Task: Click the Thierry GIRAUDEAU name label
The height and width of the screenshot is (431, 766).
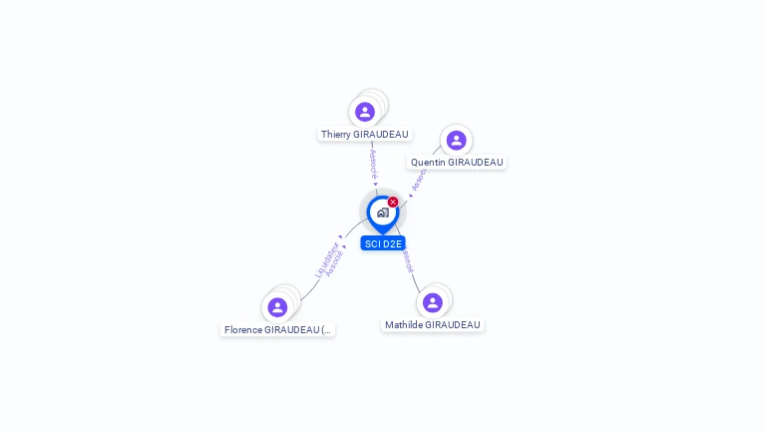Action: [x=364, y=134]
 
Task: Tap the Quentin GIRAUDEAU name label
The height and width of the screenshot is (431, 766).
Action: [x=457, y=162]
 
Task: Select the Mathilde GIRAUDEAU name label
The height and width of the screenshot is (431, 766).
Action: [x=433, y=324]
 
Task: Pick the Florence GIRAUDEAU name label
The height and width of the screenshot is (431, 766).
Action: [x=277, y=329]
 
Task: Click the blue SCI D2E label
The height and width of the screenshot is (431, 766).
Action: [x=383, y=243]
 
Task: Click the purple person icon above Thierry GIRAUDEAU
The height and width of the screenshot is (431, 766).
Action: [x=365, y=112]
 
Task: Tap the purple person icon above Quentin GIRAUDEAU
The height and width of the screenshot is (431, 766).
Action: [x=456, y=141]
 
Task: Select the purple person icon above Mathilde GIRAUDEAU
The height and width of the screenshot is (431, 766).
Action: [x=432, y=302]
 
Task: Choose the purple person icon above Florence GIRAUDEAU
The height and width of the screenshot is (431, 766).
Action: [x=277, y=307]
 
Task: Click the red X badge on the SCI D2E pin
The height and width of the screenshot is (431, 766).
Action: [x=393, y=203]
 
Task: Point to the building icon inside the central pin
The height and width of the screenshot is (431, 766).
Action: [x=382, y=213]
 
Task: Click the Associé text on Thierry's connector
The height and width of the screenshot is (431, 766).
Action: [x=373, y=164]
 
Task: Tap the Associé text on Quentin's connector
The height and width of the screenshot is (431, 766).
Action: [x=419, y=180]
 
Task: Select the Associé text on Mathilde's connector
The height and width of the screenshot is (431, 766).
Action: [x=407, y=260]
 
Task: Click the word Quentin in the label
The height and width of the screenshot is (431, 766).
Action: [x=428, y=162]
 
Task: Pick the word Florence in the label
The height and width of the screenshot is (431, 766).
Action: [x=243, y=329]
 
